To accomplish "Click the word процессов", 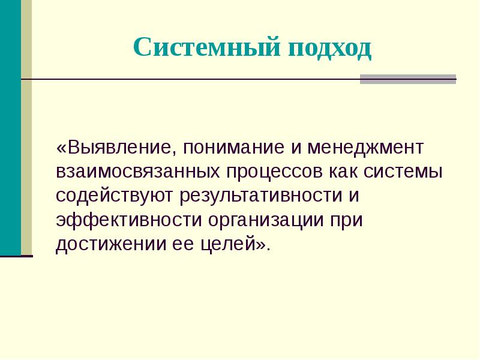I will tap(274, 172).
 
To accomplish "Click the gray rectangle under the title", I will tap(407, 79).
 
